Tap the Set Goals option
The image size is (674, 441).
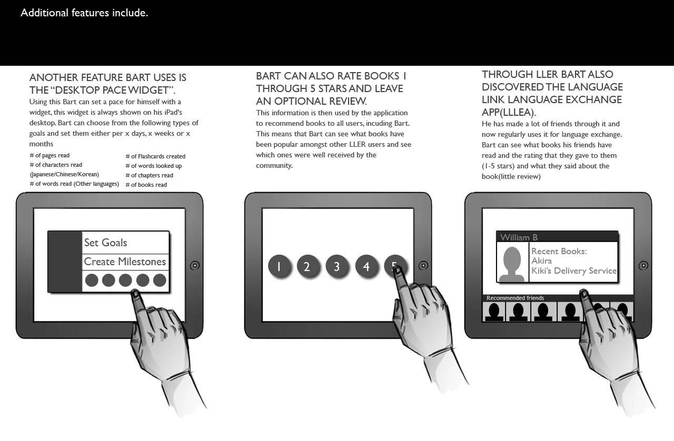click(106, 243)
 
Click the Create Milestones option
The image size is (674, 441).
click(125, 262)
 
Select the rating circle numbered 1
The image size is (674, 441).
click(279, 266)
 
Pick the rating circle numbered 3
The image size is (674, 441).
click(336, 266)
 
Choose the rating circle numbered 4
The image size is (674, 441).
click(366, 266)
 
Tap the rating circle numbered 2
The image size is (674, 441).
click(307, 266)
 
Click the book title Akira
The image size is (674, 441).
click(541, 261)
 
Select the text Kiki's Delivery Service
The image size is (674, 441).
click(573, 271)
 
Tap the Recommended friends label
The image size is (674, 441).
click(515, 298)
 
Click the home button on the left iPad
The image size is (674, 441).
click(194, 266)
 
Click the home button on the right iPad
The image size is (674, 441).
click(643, 266)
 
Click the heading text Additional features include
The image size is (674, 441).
click(84, 13)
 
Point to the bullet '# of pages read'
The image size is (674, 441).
click(49, 156)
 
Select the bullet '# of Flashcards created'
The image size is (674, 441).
click(155, 156)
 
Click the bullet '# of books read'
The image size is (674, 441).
click(146, 185)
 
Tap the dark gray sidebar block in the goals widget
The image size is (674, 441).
click(65, 262)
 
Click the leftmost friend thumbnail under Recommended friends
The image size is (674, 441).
click(494, 312)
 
